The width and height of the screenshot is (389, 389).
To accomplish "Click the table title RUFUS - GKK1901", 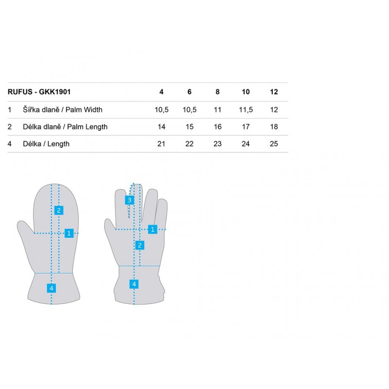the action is point(39,92).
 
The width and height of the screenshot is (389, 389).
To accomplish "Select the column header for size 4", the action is point(161,92).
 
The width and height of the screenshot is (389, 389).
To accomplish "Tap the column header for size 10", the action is point(246,92).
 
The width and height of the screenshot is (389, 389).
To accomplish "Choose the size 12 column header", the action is point(274,92).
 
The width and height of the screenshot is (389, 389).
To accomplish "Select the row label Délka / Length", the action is point(46,144).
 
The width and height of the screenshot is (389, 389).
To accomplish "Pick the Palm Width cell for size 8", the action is point(217,110).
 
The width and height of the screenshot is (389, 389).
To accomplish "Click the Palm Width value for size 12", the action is point(274,110).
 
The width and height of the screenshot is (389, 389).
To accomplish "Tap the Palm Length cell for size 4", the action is point(161,127).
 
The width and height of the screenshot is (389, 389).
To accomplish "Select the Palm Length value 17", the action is point(246,127).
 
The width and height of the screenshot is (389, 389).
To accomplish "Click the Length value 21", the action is point(161,144).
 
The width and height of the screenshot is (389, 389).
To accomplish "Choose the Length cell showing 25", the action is point(274,144).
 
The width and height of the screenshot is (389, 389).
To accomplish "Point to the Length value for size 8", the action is point(217,144).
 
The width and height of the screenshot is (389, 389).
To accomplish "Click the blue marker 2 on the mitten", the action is point(59,211).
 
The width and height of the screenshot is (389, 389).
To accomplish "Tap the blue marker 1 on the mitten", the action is point(69,233).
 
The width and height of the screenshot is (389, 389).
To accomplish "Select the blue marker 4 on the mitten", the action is point(52,288).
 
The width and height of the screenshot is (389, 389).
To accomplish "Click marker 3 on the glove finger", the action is point(129,200).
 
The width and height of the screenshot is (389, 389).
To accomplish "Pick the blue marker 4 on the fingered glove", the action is point(134,284).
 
